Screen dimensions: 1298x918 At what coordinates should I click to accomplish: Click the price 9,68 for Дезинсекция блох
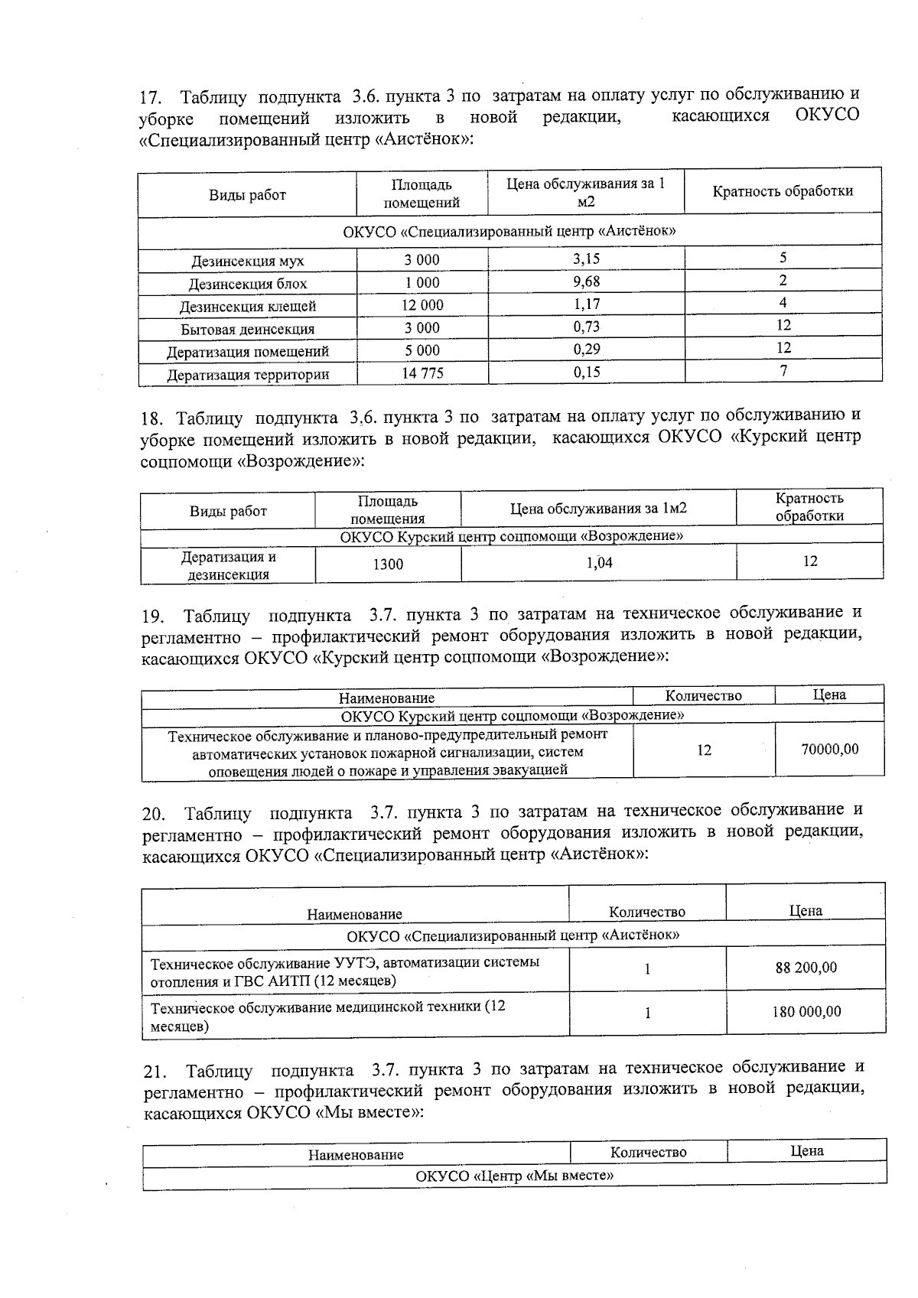(x=586, y=281)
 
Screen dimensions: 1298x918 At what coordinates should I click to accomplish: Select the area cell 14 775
(x=422, y=373)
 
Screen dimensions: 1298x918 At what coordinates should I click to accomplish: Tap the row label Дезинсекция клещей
(x=247, y=307)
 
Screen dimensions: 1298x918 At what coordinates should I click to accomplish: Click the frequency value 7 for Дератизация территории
(x=783, y=371)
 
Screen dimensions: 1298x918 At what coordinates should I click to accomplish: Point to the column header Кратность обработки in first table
(x=782, y=191)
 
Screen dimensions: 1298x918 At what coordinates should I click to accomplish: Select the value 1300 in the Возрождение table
(x=388, y=564)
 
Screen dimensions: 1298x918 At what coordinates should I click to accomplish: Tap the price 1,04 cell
(x=598, y=563)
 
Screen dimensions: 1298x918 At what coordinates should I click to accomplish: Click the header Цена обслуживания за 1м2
(x=598, y=509)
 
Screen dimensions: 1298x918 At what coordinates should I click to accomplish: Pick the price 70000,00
(x=829, y=750)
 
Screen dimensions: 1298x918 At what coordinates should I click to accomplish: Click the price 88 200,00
(x=806, y=968)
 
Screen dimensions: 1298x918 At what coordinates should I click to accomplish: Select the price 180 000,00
(x=806, y=1012)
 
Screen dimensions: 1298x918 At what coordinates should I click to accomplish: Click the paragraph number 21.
(x=155, y=1071)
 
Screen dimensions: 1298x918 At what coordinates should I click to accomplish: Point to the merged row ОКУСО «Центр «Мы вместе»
(x=514, y=1176)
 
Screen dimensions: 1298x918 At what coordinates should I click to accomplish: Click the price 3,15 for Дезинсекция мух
(x=586, y=259)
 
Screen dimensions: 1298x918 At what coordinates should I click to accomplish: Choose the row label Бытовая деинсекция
(x=247, y=330)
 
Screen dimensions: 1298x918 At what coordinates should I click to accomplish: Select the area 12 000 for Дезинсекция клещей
(x=422, y=304)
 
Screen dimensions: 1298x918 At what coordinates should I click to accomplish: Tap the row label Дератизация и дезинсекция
(x=228, y=566)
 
